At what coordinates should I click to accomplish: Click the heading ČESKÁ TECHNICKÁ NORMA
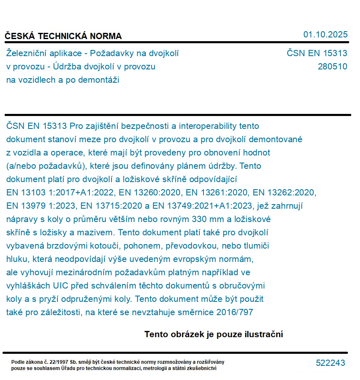[x=63, y=36]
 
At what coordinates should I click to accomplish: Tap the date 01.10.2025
[x=325, y=35]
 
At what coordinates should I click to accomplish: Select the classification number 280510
[x=332, y=67]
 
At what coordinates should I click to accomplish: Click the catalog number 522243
[x=330, y=363]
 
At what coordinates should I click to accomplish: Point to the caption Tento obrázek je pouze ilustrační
[x=214, y=334]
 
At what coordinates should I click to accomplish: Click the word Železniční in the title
[x=26, y=53]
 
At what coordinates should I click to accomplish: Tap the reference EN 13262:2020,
[x=285, y=192]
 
